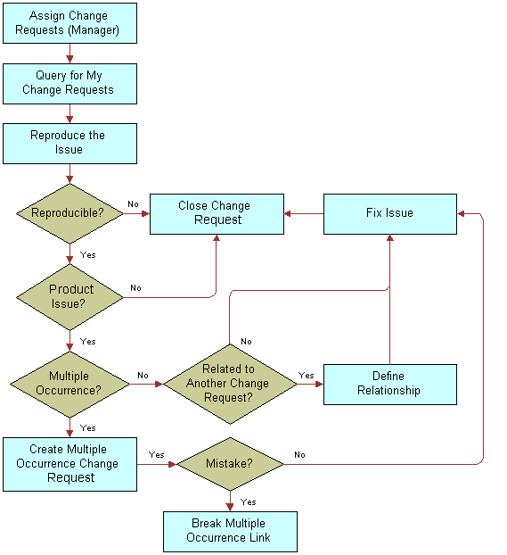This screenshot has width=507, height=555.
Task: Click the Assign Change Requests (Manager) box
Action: pyautogui.click(x=70, y=23)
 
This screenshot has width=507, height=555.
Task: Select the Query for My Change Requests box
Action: pyautogui.click(x=70, y=83)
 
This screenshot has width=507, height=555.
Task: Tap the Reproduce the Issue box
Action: pyautogui.click(x=70, y=143)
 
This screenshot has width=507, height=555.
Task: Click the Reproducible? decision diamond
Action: pyautogui.click(x=70, y=213)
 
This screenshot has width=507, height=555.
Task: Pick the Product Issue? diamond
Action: pyautogui.click(x=70, y=296)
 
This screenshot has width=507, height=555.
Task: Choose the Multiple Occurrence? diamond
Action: pyautogui.click(x=70, y=384)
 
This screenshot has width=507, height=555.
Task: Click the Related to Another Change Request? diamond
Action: pyautogui.click(x=230, y=384)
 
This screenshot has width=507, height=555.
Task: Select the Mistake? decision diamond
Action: pyautogui.click(x=230, y=463)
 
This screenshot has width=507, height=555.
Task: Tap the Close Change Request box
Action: pyautogui.click(x=217, y=213)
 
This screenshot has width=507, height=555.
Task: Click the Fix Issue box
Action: pyautogui.click(x=389, y=213)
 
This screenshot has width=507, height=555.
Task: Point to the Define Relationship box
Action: pyautogui.click(x=389, y=384)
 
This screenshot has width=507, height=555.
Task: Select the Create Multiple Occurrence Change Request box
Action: pyautogui.click(x=70, y=463)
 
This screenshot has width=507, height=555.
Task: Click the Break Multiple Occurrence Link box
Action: pyautogui.click(x=230, y=531)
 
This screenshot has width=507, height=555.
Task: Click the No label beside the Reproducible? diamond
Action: pyautogui.click(x=133, y=203)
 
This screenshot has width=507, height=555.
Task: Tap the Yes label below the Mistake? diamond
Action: pyautogui.click(x=249, y=501)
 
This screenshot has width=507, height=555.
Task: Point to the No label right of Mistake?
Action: pyautogui.click(x=299, y=454)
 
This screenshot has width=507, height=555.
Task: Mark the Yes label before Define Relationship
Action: pyautogui.click(x=306, y=375)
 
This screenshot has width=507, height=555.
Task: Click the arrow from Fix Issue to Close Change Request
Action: pyautogui.click(x=303, y=213)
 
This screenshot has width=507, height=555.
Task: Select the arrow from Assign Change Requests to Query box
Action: pyautogui.click(x=70, y=54)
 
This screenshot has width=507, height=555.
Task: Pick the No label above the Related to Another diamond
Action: pyautogui.click(x=246, y=341)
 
